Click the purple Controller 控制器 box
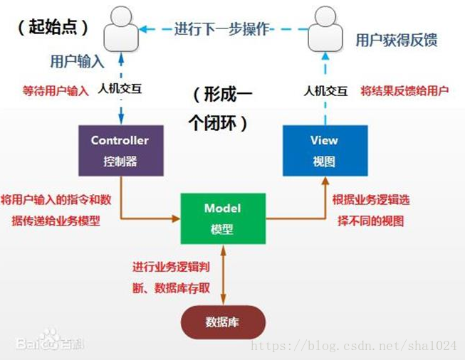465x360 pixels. tap(120, 151)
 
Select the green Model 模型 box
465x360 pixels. tap(223, 219)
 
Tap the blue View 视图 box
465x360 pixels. tap(324, 150)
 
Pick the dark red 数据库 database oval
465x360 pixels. tap(223, 322)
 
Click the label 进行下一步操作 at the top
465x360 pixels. tap(221, 29)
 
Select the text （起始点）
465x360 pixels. tap(53, 27)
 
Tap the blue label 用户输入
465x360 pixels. tap(78, 62)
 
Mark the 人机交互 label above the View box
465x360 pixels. tap(325, 91)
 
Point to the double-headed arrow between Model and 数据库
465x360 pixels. tap(223, 275)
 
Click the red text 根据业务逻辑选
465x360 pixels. tap(371, 200)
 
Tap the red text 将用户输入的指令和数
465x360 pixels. tap(56, 199)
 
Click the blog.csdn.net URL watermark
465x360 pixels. tap(357, 346)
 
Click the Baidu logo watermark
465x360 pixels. tap(50, 342)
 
